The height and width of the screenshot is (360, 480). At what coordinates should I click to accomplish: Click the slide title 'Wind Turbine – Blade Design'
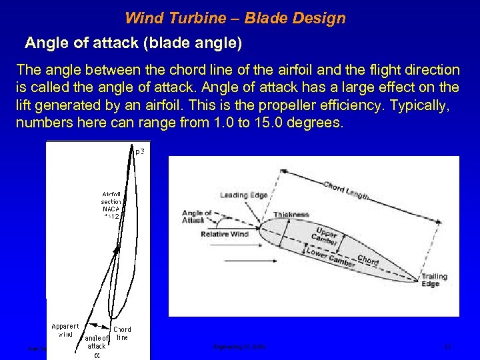click(x=235, y=18)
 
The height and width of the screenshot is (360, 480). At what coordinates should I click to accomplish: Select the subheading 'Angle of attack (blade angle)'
click(x=133, y=43)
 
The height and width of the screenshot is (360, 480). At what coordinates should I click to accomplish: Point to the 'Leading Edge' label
click(x=243, y=195)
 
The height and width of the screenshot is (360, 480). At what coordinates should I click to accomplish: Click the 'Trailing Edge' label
click(x=434, y=280)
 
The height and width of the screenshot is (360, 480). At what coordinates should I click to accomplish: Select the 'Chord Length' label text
click(x=346, y=190)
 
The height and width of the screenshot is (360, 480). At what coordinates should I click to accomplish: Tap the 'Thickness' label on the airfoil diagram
click(x=291, y=215)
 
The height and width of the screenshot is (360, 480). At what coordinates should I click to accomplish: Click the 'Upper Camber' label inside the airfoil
click(x=325, y=234)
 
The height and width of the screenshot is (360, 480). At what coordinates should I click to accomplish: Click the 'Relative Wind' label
click(x=224, y=234)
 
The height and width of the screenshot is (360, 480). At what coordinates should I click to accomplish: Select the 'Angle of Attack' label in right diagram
click(x=197, y=217)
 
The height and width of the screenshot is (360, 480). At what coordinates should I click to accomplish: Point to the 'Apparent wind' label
click(x=66, y=330)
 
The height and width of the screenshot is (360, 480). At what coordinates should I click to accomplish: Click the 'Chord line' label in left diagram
click(x=122, y=333)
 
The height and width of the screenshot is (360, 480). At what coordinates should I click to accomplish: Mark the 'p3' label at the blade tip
click(x=139, y=152)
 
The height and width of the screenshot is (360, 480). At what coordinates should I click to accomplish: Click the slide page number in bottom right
click(x=448, y=347)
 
